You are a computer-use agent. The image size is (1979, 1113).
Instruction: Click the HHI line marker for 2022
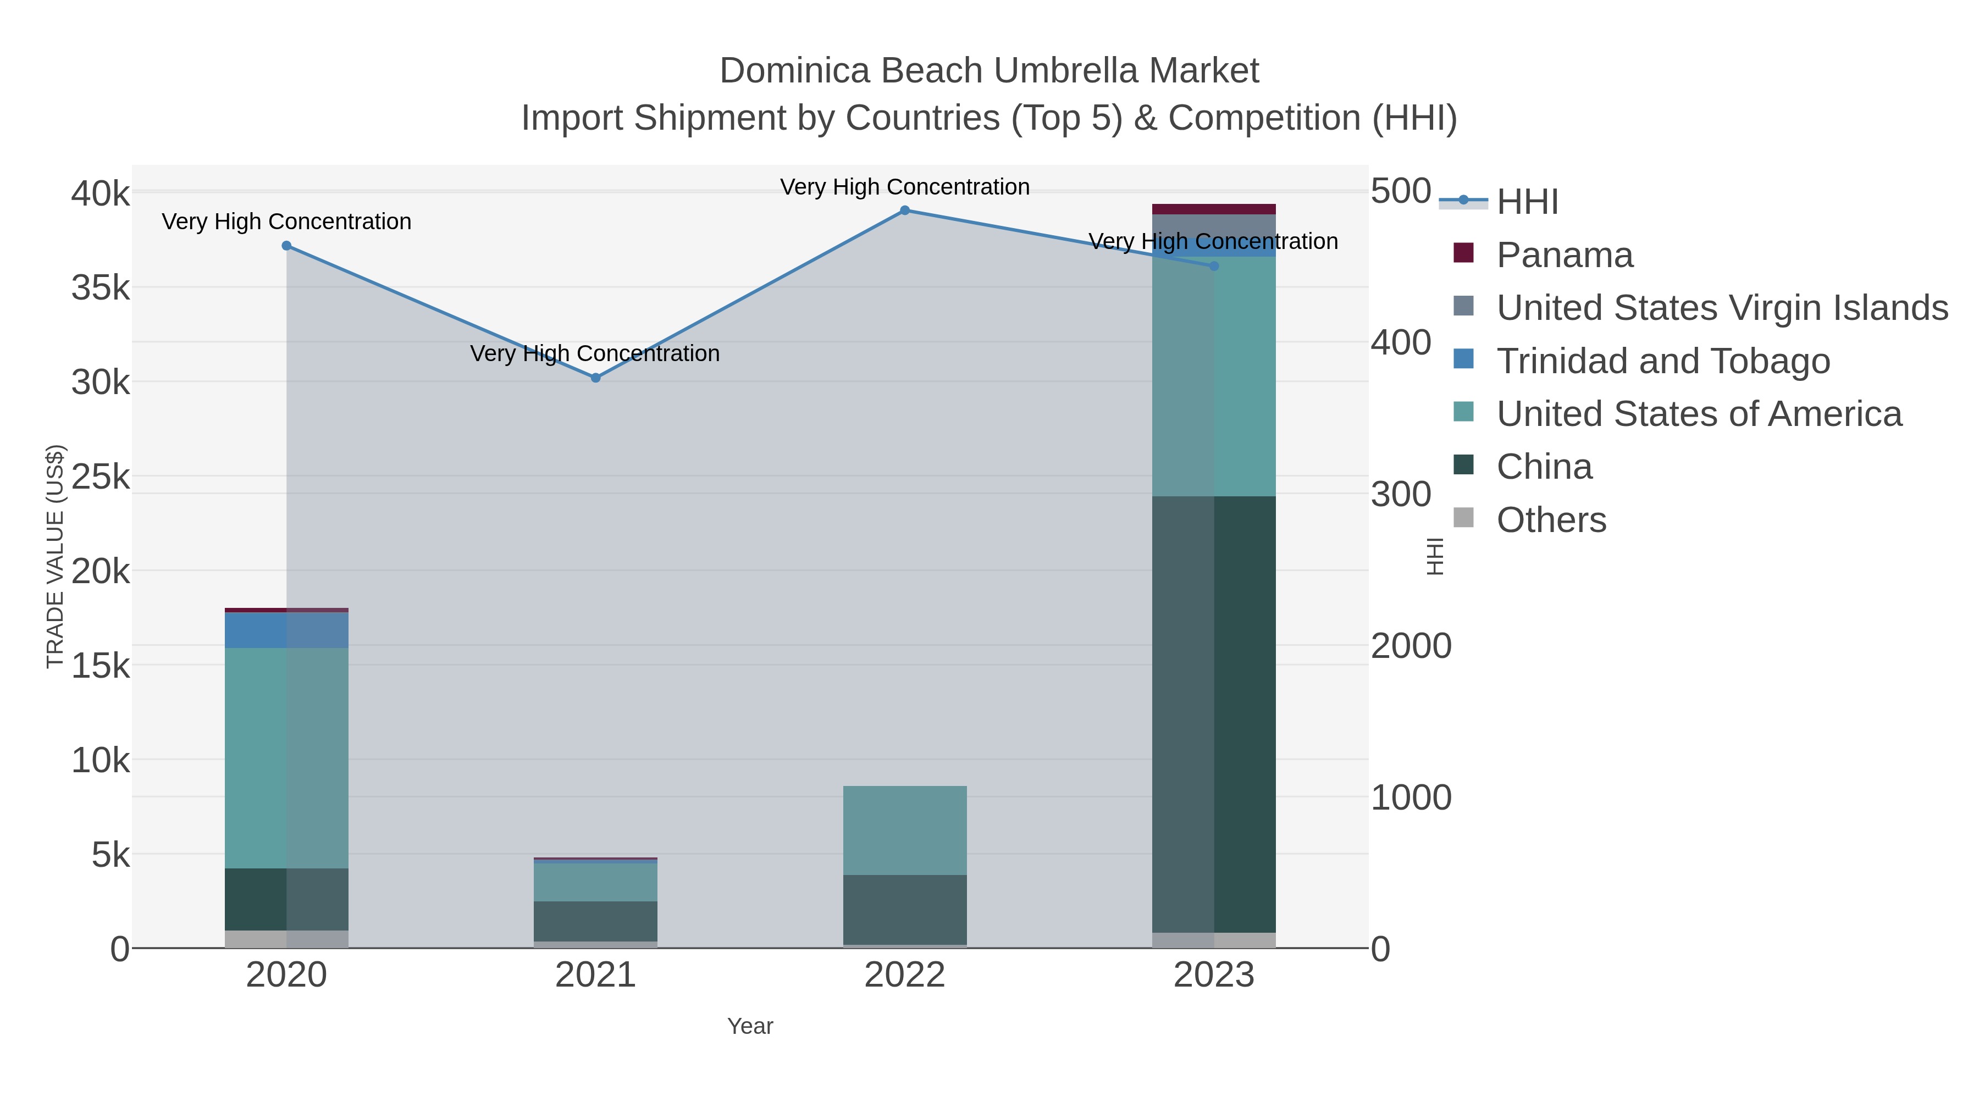(905, 211)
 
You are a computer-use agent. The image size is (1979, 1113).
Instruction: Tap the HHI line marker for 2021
(595, 378)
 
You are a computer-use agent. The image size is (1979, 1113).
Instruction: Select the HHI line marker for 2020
(286, 246)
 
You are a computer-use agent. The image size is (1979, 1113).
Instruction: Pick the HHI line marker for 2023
(1214, 267)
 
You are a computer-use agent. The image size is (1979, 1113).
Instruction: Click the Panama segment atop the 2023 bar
(1214, 209)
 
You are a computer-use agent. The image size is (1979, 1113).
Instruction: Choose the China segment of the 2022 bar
(905, 910)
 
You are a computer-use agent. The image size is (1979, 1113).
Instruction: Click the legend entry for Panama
(1564, 255)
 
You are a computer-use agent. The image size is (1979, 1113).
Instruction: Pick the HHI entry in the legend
(1527, 202)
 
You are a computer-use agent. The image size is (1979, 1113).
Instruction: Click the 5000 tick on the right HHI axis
(1401, 191)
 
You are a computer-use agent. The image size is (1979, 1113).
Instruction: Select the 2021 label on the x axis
(595, 976)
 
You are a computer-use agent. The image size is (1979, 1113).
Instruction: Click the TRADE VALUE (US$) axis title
(56, 556)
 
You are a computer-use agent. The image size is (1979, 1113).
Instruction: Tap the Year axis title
(750, 1026)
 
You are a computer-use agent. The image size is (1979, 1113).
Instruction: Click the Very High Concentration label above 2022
(905, 187)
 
